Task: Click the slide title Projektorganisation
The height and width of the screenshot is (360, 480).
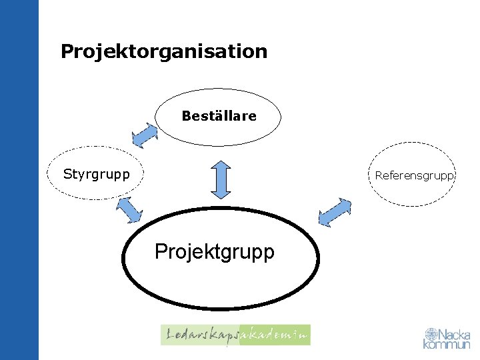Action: click(163, 51)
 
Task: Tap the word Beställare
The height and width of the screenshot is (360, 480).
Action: click(219, 116)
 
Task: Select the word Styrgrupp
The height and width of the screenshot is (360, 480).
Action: click(96, 175)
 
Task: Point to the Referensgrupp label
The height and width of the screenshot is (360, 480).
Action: click(414, 176)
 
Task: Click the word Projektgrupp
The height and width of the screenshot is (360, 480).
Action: click(214, 252)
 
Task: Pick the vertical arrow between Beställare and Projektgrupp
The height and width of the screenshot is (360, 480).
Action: click(220, 178)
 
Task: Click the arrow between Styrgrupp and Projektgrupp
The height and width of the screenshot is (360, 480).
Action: click(129, 209)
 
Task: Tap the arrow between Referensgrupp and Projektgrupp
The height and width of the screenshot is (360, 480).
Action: click(335, 213)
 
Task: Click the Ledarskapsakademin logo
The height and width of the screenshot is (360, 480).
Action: click(235, 335)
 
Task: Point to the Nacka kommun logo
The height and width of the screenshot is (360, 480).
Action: click(447, 339)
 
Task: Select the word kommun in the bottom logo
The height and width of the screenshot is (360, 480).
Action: click(447, 345)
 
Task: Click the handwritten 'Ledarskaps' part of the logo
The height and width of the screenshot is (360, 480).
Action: click(199, 335)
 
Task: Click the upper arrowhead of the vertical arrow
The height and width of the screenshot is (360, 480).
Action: click(220, 163)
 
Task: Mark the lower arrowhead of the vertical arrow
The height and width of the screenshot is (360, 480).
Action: click(220, 193)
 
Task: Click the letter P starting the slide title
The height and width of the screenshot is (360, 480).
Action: click(66, 51)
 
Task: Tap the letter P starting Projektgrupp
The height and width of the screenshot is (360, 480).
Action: click(160, 252)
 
